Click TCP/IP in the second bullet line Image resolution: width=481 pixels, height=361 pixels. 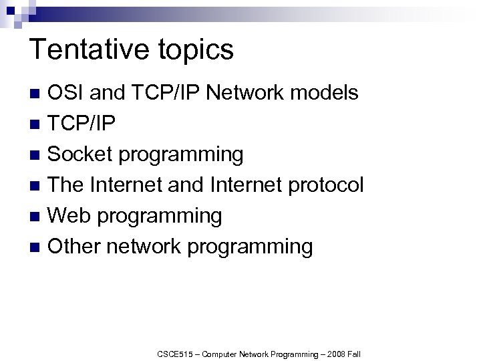point(82,124)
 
